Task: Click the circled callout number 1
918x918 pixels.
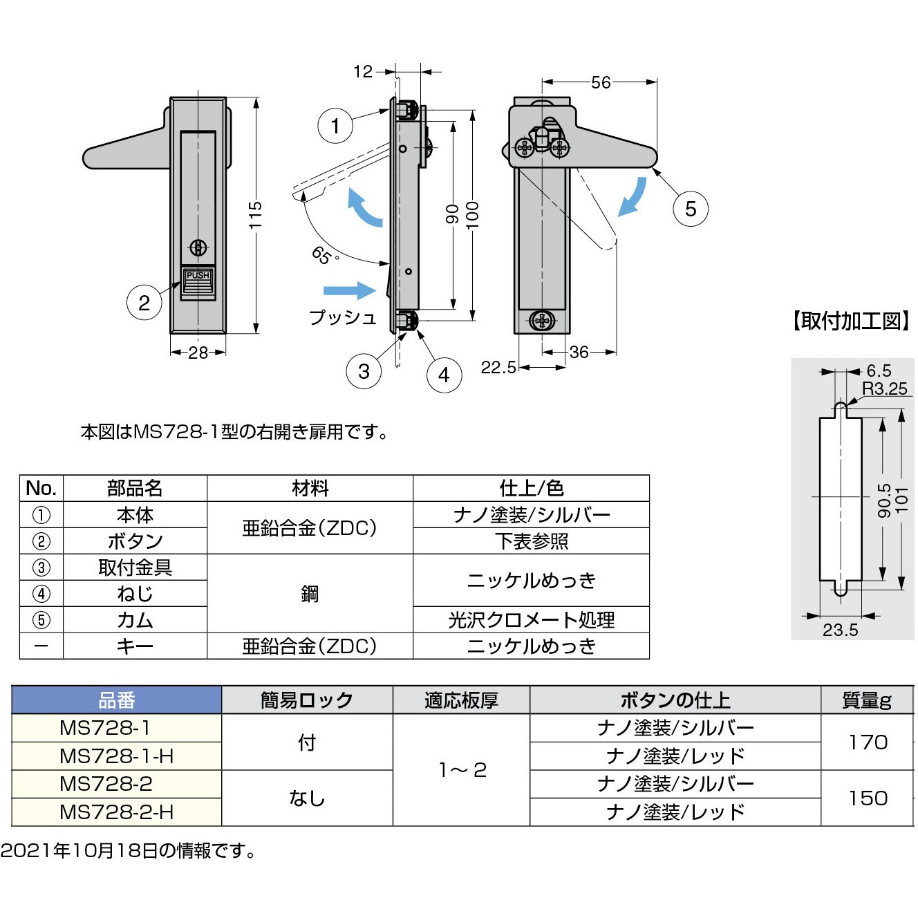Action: [x=335, y=126]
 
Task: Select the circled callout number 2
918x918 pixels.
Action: [x=144, y=303]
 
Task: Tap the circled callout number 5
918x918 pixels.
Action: [x=690, y=209]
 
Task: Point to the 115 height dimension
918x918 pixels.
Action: [x=256, y=215]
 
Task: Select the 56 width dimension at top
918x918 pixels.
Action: [x=600, y=82]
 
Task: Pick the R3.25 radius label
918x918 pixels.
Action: [x=884, y=388]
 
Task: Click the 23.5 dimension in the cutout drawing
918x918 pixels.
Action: [x=840, y=630]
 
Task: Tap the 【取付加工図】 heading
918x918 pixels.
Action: [x=850, y=321]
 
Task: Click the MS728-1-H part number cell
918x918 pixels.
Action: [x=117, y=756]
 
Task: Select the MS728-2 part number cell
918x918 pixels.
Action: [x=117, y=784]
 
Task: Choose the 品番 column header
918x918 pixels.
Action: [x=117, y=700]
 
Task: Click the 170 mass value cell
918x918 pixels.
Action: [x=868, y=742]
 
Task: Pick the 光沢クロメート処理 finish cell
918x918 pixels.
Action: [x=531, y=620]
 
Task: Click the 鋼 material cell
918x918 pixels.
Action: [x=310, y=594]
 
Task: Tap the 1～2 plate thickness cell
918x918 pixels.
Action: [x=461, y=770]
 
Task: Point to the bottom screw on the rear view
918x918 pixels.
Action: [x=543, y=321]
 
